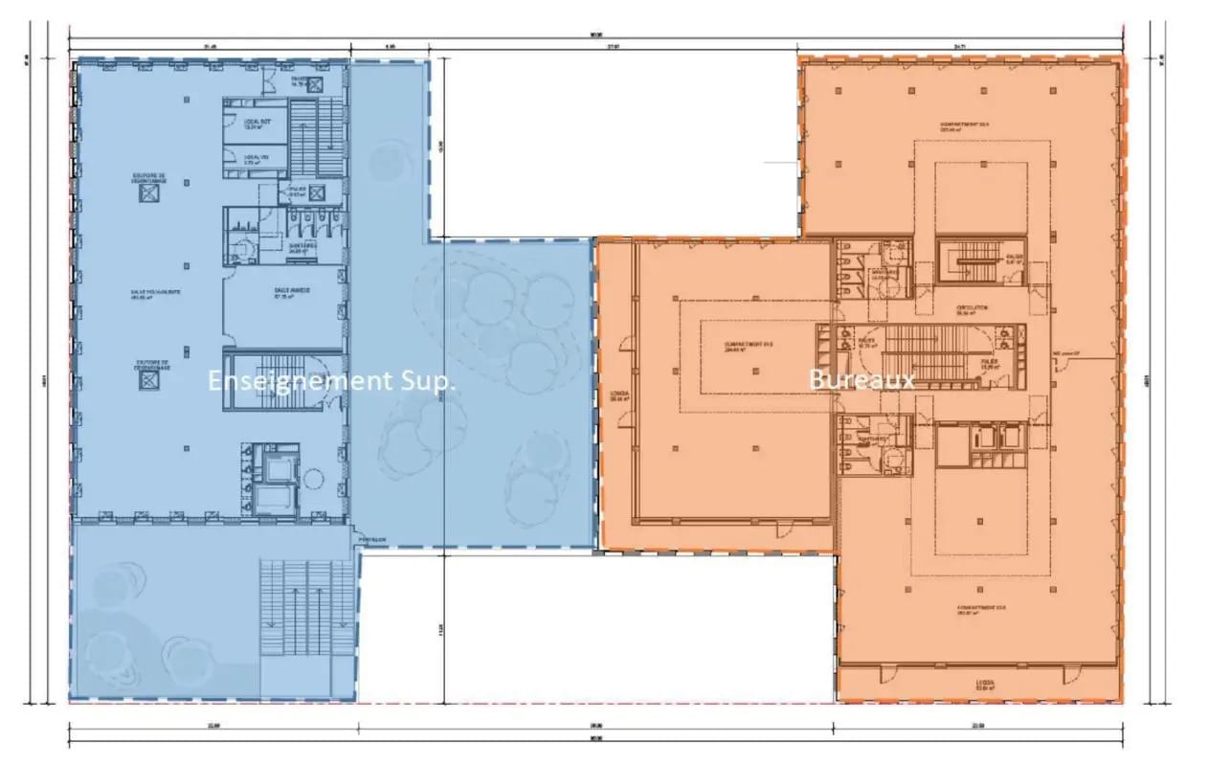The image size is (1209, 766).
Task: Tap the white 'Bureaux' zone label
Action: (862, 379)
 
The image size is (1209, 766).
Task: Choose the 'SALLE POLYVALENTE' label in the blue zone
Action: (150, 294)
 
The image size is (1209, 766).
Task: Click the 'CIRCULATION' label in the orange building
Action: (971, 309)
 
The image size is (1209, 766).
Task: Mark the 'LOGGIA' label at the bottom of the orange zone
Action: (985, 685)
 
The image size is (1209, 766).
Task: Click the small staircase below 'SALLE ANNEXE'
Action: (282, 381)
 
